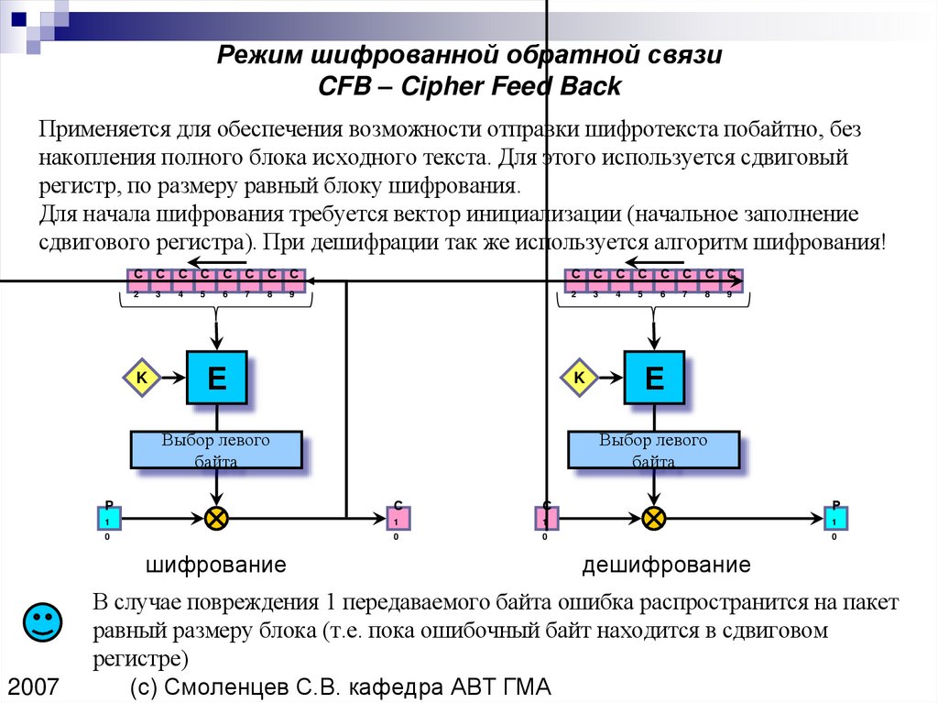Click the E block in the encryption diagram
click(x=217, y=377)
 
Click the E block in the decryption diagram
click(x=654, y=377)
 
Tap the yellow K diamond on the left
click(x=142, y=377)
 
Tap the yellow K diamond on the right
click(x=579, y=377)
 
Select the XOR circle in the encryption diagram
click(x=216, y=519)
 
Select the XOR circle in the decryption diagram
click(x=653, y=519)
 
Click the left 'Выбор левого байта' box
click(x=216, y=450)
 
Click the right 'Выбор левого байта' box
click(x=653, y=450)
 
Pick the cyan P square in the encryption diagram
click(x=109, y=519)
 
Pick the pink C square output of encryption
click(x=398, y=519)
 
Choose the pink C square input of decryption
click(x=546, y=519)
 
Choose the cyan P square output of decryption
click(x=835, y=519)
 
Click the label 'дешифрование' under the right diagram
click(x=666, y=565)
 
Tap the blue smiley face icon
click(x=42, y=623)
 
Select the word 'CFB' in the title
click(x=342, y=87)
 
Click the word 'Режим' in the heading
click(x=250, y=56)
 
